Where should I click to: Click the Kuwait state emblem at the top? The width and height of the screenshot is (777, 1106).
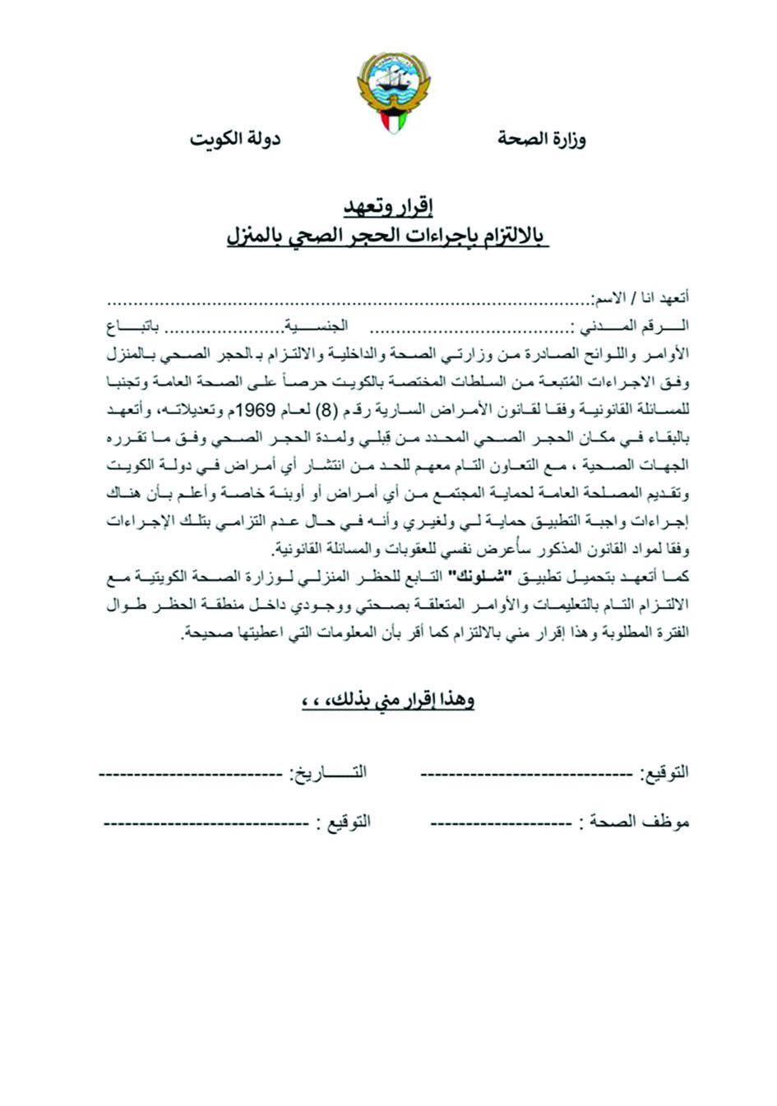[394, 90]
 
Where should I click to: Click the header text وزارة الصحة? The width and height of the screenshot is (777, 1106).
[541, 139]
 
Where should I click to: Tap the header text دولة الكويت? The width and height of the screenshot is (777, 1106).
[235, 139]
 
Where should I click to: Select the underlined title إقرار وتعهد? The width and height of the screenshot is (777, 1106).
[388, 205]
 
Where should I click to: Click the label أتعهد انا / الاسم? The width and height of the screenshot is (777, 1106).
[641, 297]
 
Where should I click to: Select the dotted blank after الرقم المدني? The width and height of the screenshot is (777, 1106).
[470, 329]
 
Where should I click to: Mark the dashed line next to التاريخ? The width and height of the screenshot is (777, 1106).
[191, 774]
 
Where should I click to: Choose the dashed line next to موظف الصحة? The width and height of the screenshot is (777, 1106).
[501, 823]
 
